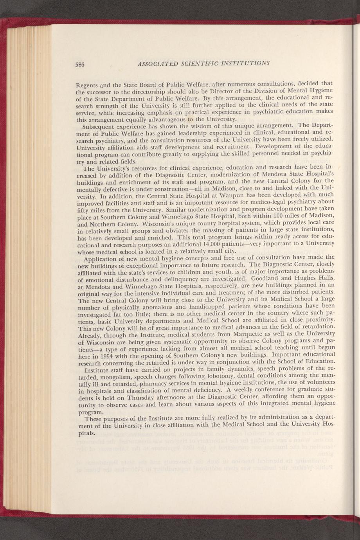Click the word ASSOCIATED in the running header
155,64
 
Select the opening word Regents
86,84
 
